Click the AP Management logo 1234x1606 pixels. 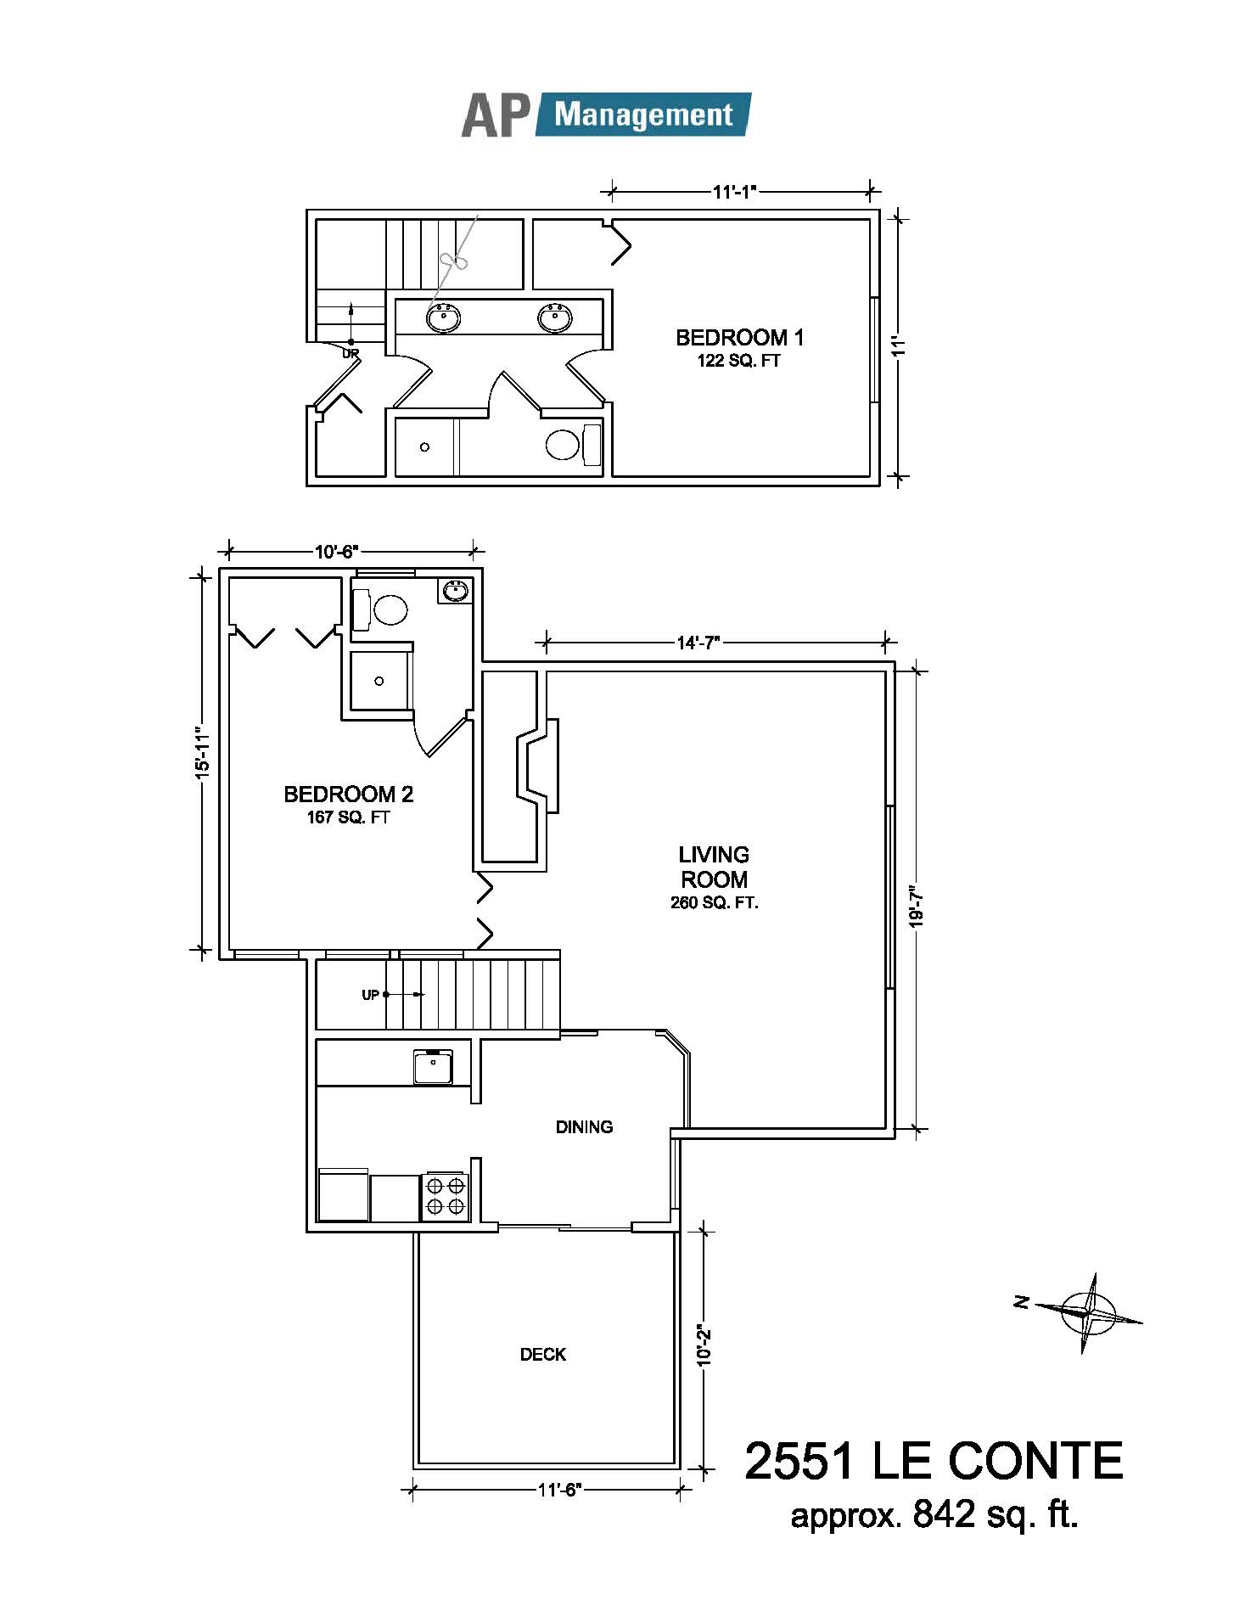[606, 115]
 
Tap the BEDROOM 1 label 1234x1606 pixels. [739, 338]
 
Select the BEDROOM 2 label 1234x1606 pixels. [348, 795]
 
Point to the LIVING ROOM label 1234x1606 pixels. [714, 867]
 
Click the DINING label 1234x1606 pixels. [584, 1127]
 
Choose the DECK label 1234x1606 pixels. [543, 1355]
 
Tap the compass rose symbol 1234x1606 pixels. [1088, 1312]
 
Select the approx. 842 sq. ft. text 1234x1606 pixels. [934, 1514]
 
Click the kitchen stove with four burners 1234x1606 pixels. [446, 1197]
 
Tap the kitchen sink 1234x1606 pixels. [433, 1067]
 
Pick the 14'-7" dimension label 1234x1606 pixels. [698, 643]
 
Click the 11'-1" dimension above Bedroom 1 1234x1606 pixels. [734, 192]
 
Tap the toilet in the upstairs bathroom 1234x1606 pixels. [572, 445]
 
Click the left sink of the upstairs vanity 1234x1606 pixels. [443, 317]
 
